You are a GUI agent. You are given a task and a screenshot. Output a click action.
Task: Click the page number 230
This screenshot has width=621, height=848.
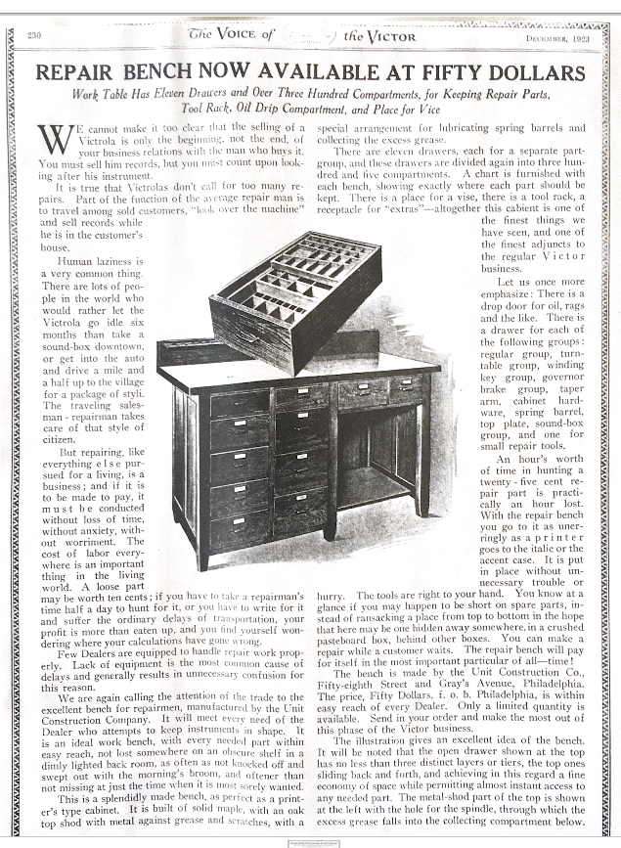pyautogui.click(x=34, y=36)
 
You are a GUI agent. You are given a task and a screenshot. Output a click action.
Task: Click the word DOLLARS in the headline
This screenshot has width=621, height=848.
pyautogui.click(x=530, y=72)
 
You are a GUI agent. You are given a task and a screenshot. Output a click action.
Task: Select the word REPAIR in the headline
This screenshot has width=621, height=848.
pyautogui.click(x=80, y=72)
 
